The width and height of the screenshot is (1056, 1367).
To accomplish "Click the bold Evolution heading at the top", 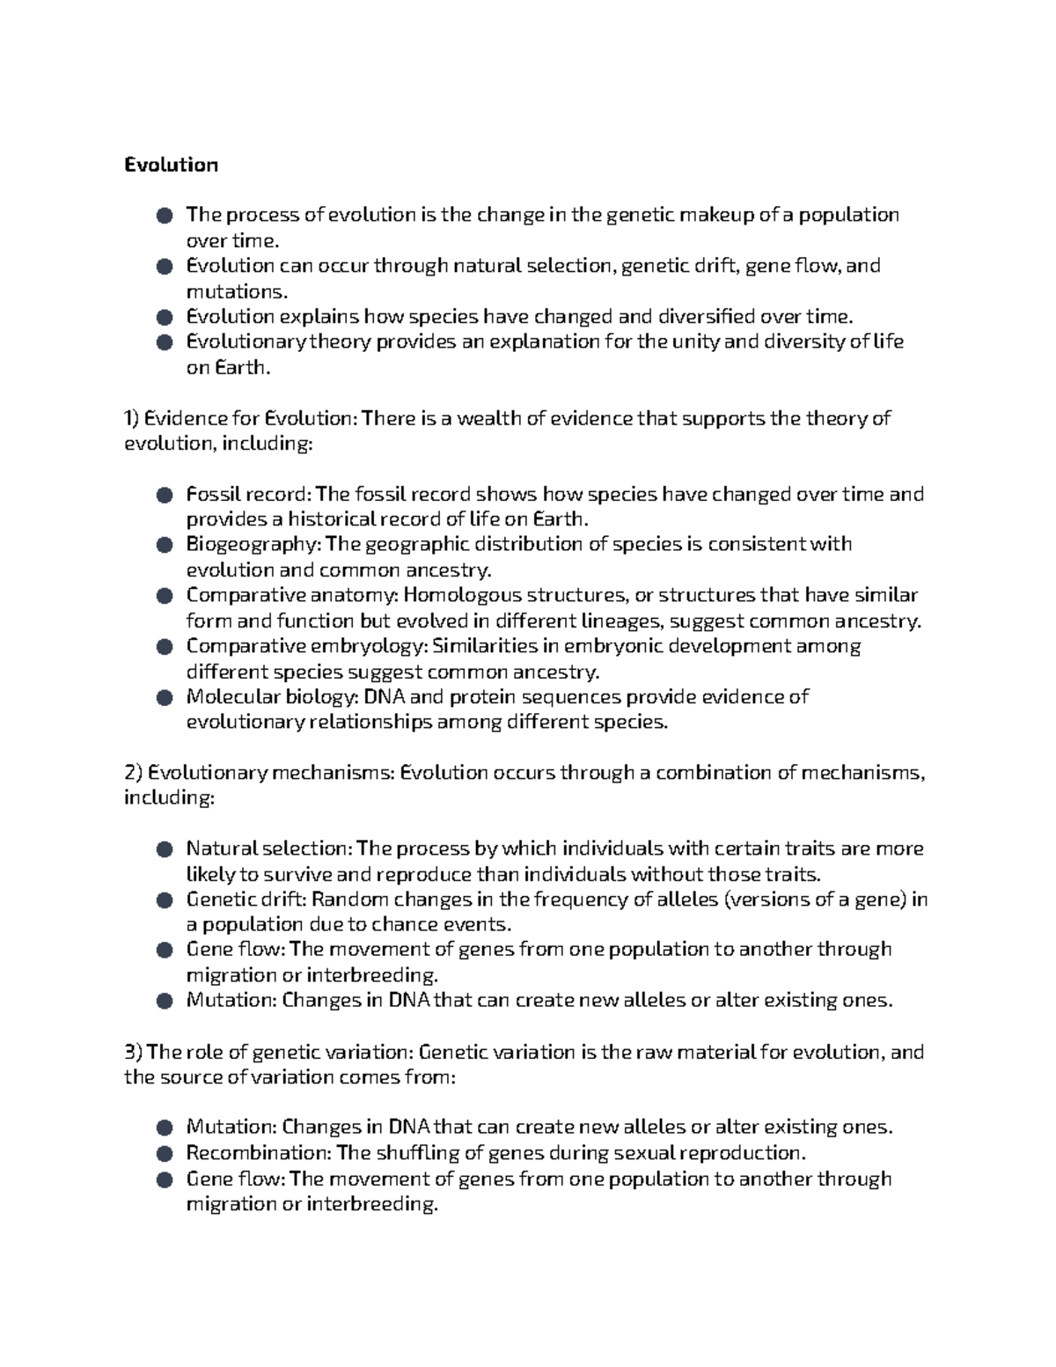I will [x=171, y=165].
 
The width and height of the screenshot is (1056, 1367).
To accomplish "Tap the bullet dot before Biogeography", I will [x=164, y=546].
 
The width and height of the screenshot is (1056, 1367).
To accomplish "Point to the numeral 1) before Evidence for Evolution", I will [x=132, y=418].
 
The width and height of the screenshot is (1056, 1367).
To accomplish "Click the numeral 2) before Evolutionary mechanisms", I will [x=133, y=773].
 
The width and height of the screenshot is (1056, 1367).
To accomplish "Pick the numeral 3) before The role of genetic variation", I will [x=133, y=1052].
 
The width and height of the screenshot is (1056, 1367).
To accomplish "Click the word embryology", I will [x=369, y=646].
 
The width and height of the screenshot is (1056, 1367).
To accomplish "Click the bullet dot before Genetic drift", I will [x=164, y=900].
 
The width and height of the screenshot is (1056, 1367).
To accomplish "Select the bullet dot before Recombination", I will [x=164, y=1154].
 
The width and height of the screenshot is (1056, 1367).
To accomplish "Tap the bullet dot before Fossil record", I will [x=164, y=495].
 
